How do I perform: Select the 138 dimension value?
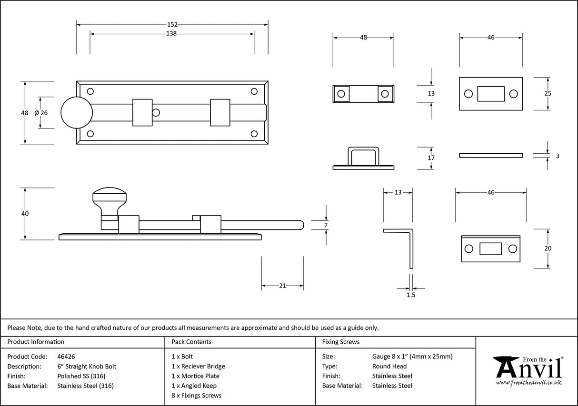[172, 34]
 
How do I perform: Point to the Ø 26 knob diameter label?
[41, 113]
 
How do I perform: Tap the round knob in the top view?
[76, 113]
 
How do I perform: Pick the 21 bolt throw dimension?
[282, 286]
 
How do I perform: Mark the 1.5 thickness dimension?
[411, 295]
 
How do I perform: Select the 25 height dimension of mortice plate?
[548, 94]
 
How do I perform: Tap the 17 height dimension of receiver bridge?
[431, 158]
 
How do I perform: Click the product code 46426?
[66, 356]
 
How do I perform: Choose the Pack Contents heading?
[191, 342]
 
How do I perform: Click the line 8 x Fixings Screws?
[196, 396]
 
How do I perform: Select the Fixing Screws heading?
[341, 342]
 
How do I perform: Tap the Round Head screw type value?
[389, 366]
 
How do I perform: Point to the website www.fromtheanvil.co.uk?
[528, 383]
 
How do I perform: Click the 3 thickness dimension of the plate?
[558, 155]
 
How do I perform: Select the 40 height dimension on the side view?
[25, 214]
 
